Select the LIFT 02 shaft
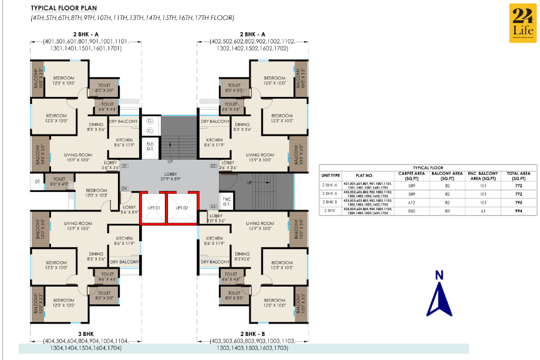[180, 208]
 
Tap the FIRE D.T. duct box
[226, 201]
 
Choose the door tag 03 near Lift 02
[213, 206]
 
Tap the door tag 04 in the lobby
[124, 188]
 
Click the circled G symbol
[150, 120]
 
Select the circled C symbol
[150, 130]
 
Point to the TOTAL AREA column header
[518, 175]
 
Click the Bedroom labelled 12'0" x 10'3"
[95, 193]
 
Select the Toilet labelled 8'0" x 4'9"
[59, 181]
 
